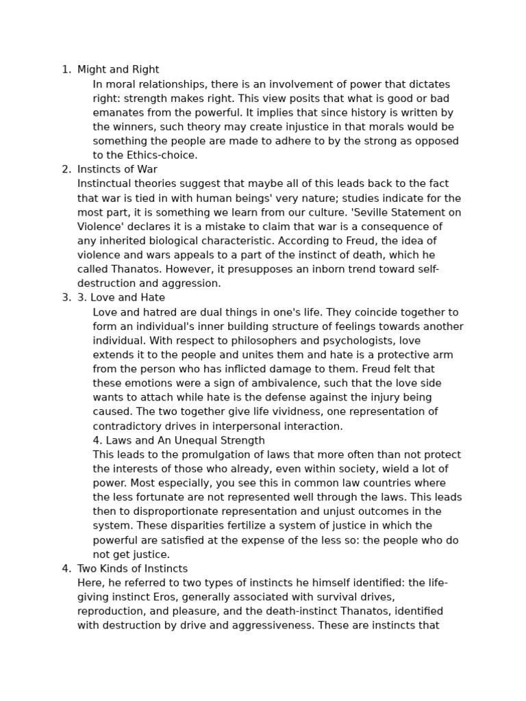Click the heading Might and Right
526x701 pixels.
[x=118, y=69]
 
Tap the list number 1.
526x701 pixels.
[x=66, y=69]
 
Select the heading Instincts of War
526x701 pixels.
[x=117, y=169]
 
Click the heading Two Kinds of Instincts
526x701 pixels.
[x=132, y=568]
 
